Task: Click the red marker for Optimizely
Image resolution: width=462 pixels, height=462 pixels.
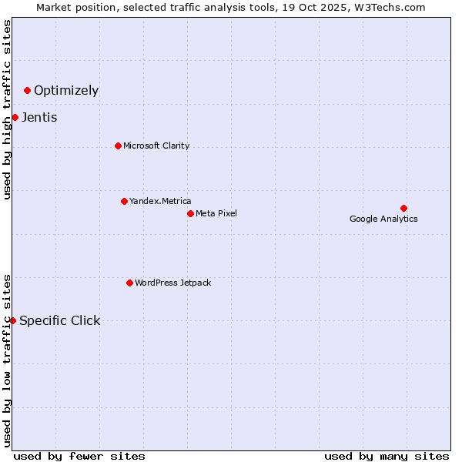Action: coord(27,91)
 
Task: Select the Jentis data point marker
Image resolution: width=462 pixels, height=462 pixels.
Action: coord(15,117)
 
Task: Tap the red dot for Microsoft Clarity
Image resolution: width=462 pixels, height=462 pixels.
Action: coord(118,146)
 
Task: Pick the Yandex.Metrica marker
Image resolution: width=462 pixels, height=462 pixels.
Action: coord(124,201)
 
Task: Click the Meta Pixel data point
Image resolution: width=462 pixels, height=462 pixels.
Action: coord(190,213)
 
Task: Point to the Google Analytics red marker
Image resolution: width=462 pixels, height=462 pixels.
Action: coord(403,208)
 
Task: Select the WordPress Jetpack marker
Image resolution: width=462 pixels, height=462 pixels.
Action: coord(129,283)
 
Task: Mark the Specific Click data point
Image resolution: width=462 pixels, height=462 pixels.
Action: coord(12,320)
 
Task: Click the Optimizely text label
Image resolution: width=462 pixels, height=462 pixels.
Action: coord(66,91)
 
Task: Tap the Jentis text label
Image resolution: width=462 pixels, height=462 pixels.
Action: coord(39,118)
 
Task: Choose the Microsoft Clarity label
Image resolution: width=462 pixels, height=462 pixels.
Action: coord(156,146)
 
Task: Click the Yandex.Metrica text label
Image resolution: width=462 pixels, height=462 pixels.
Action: coord(160,201)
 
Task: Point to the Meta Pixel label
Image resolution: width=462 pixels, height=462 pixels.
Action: coord(216,213)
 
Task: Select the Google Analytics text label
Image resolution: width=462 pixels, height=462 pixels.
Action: coord(383,219)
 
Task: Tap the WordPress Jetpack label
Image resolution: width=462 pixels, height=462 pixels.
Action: coord(172,283)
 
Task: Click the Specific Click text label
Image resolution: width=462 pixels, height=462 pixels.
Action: coord(59,321)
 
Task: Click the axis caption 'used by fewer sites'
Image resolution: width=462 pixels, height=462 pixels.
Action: coord(79,456)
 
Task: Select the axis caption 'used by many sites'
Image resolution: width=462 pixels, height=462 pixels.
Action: coord(387,456)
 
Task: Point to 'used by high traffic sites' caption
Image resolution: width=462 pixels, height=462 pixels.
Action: coord(7,109)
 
